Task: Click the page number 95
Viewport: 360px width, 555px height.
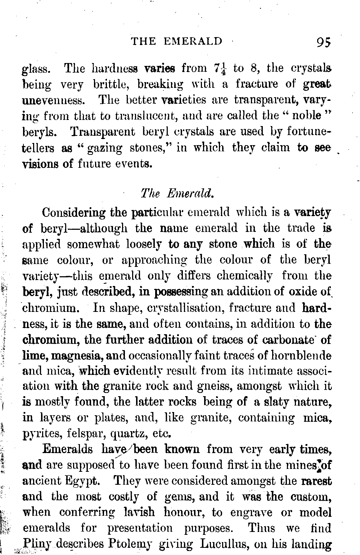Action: click(x=323, y=42)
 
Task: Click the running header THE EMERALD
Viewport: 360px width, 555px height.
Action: click(x=177, y=41)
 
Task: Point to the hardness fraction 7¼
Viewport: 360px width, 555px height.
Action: click(x=220, y=68)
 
